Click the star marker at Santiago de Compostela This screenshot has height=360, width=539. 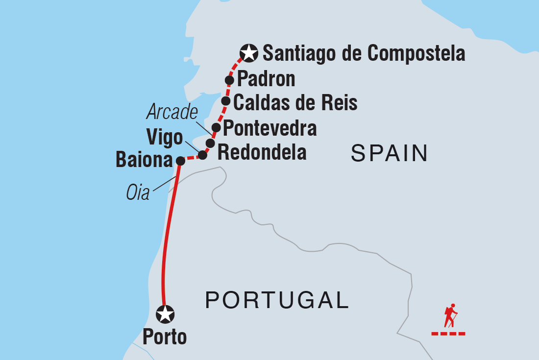pyautogui.click(x=249, y=53)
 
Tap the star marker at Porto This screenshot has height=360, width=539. pyautogui.click(x=165, y=314)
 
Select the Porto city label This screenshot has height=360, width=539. pyautogui.click(x=165, y=337)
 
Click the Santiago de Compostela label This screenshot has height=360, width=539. pyautogui.click(x=364, y=53)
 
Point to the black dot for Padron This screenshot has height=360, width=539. pyautogui.click(x=229, y=80)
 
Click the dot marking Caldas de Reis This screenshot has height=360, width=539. pyautogui.click(x=226, y=101)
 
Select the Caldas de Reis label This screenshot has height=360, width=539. pyautogui.click(x=295, y=103)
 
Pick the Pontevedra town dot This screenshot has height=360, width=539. pyautogui.click(x=216, y=127)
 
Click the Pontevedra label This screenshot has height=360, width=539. pyautogui.click(x=269, y=128)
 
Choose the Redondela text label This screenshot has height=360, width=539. pyautogui.click(x=262, y=152)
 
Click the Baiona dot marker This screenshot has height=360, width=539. pyautogui.click(x=180, y=161)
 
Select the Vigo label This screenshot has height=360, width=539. pyautogui.click(x=163, y=138)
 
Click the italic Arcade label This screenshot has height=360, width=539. pyautogui.click(x=172, y=113)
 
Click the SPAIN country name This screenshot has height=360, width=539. pyautogui.click(x=390, y=154)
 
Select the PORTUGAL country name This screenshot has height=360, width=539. pyautogui.click(x=277, y=300)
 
